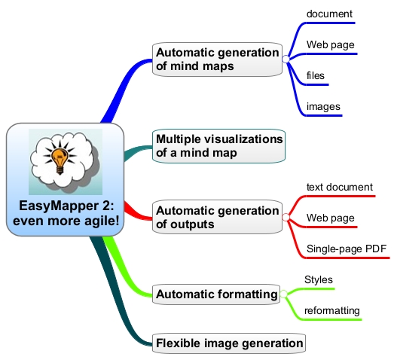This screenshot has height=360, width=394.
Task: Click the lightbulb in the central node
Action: coord(60,160)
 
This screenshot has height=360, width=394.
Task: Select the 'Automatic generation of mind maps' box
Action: coord(218,59)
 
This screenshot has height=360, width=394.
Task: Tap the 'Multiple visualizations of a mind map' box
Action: coord(219,146)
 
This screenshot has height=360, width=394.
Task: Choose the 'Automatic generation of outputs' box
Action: coord(218,217)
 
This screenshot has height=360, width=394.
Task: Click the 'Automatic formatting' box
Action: coord(216,294)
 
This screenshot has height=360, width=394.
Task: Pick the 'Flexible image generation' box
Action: coord(229,343)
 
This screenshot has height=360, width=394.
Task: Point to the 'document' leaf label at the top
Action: coord(329,14)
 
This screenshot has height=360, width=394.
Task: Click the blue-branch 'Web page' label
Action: coord(331,45)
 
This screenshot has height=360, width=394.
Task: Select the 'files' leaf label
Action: coord(316,75)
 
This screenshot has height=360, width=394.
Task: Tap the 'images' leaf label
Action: coord(323,106)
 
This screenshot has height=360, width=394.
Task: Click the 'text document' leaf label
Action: coord(340,188)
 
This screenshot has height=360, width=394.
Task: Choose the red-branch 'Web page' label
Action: coord(331,218)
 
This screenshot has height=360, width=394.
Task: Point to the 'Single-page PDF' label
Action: coord(347,249)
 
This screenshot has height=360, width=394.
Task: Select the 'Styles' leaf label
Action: coord(319,280)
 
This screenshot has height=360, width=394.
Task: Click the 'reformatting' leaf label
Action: coord(332,311)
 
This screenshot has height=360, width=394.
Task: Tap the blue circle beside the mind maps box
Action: coord(286,59)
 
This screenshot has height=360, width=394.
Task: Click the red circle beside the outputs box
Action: coord(286,218)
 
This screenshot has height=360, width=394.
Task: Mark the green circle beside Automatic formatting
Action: coord(284,294)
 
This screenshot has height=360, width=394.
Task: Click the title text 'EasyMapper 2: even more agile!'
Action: coord(66,213)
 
